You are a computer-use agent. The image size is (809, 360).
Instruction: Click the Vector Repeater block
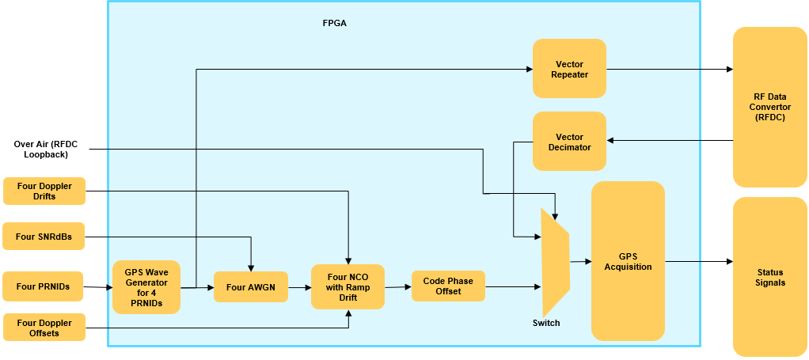(x=569, y=69)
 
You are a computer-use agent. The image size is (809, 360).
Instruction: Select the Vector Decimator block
(x=569, y=141)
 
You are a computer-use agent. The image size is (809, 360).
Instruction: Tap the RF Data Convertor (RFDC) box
(x=770, y=107)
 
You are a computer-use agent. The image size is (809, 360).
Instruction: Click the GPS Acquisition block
(x=628, y=261)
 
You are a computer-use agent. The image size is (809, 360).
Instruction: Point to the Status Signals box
(x=770, y=277)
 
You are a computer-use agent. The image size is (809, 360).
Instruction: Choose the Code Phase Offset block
(x=447, y=286)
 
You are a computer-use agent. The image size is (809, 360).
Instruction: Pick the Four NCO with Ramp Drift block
(x=348, y=286)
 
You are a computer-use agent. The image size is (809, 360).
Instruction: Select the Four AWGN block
(x=250, y=286)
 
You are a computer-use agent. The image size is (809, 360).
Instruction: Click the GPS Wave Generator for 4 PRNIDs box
(x=146, y=287)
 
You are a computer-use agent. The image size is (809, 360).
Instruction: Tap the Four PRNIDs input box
(x=44, y=286)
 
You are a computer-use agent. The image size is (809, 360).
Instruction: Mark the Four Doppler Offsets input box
(x=44, y=327)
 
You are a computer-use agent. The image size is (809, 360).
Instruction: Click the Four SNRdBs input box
(x=44, y=236)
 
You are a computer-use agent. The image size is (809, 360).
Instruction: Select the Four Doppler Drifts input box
(x=44, y=191)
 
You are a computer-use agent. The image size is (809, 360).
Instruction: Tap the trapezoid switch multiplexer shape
(x=555, y=261)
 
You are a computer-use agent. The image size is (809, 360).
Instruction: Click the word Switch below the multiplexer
(x=546, y=323)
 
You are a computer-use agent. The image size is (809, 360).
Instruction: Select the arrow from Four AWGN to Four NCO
(x=298, y=287)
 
